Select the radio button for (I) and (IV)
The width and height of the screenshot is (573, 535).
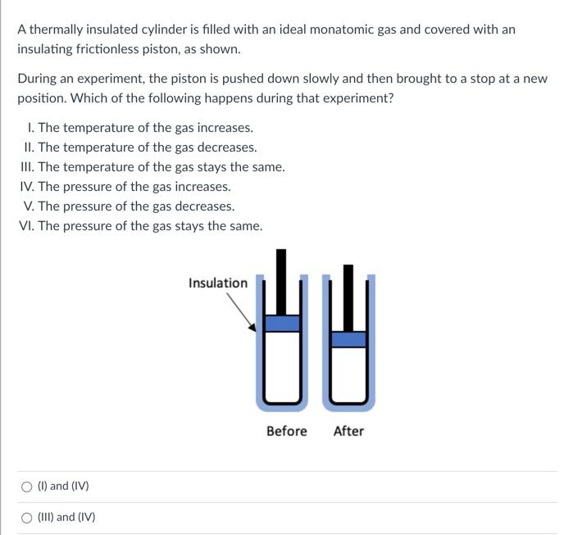[26, 487]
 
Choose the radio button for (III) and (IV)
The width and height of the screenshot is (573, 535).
[26, 518]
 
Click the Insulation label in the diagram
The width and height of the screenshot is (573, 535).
[218, 283]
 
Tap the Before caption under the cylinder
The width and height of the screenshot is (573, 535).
[287, 431]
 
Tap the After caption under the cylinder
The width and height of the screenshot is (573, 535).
[348, 431]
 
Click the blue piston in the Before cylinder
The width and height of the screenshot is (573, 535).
[282, 324]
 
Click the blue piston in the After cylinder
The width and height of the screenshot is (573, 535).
[348, 339]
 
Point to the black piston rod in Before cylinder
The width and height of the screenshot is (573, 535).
[281, 282]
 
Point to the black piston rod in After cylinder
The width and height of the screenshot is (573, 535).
[348, 298]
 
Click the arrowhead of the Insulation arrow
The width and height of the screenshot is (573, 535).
[252, 328]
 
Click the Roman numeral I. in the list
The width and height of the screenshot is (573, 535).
[31, 128]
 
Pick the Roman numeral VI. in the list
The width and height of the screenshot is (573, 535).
[27, 226]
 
